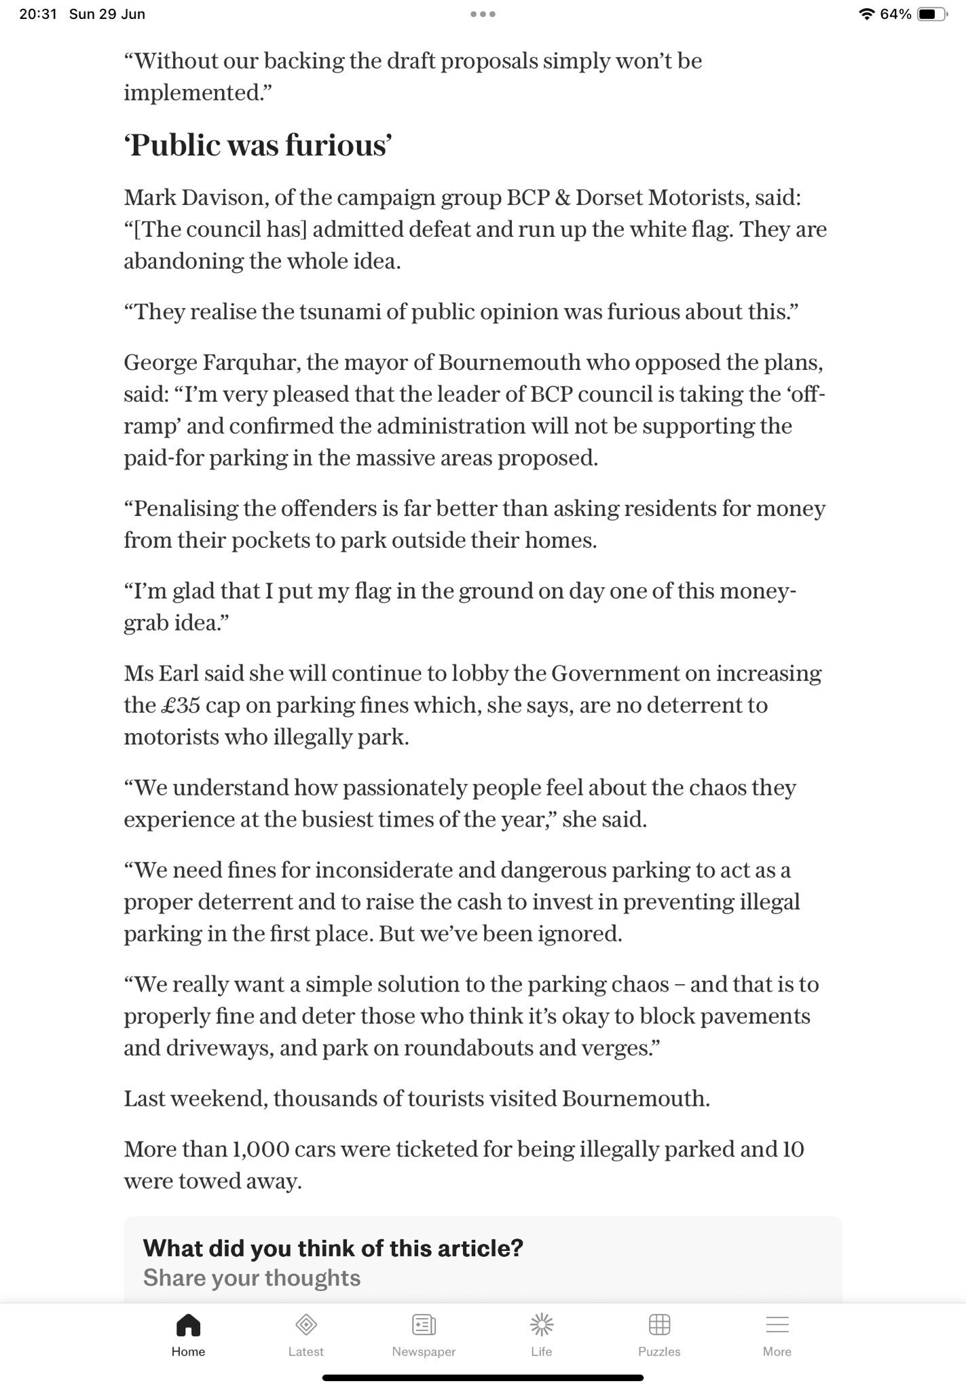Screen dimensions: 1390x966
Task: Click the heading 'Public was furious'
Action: pyautogui.click(x=258, y=145)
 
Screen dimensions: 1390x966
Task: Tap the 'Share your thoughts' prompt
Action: pyautogui.click(x=252, y=1278)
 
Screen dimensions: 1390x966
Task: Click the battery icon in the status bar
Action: pyautogui.click(x=932, y=14)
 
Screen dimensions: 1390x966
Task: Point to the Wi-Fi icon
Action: pyautogui.click(x=866, y=14)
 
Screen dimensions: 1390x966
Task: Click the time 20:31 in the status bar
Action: pyautogui.click(x=38, y=14)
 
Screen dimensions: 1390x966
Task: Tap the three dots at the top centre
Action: pyautogui.click(x=483, y=14)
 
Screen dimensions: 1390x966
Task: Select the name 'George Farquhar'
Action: pyautogui.click(x=211, y=362)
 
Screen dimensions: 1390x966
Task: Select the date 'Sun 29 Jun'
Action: pyautogui.click(x=107, y=14)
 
